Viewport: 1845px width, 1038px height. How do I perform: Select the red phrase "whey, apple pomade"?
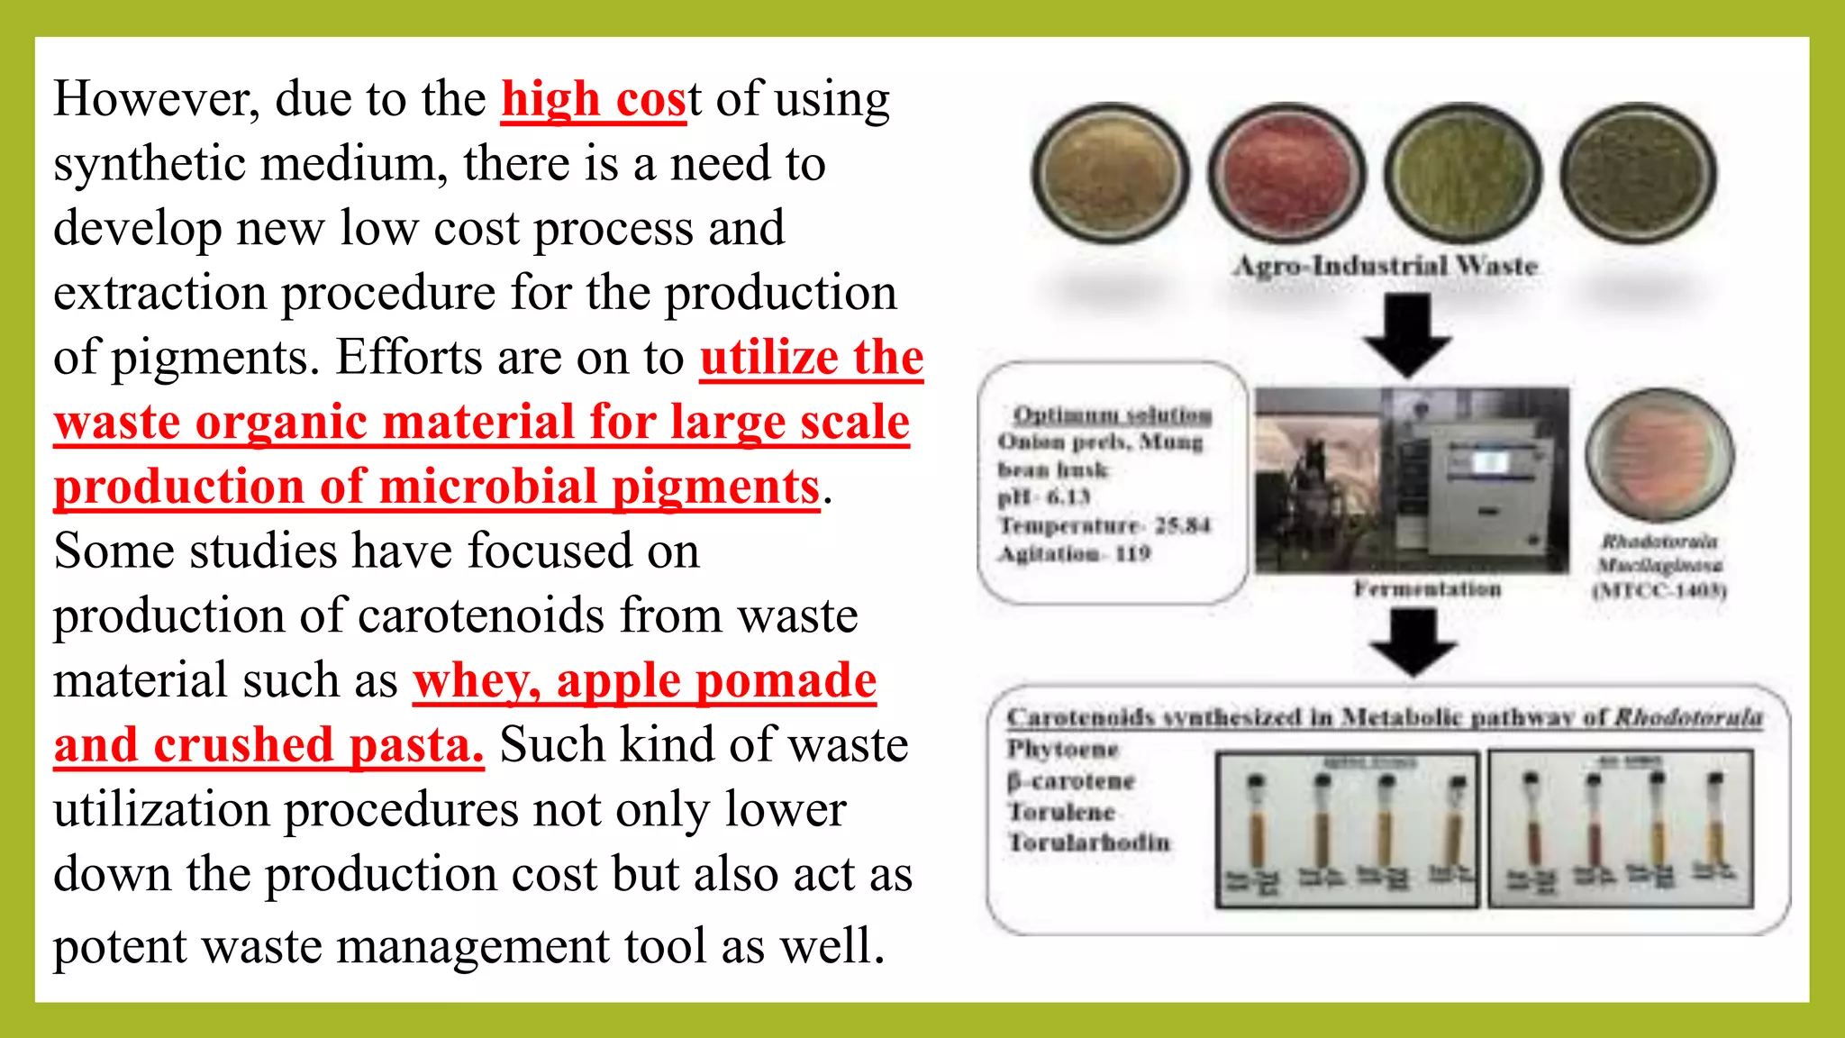[644, 680]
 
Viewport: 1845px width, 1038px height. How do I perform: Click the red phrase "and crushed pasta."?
[268, 745]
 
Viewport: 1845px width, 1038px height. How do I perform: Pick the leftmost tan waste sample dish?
[1110, 173]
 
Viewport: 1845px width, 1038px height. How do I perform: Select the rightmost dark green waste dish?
[1638, 173]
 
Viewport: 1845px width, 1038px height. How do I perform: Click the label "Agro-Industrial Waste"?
[1386, 266]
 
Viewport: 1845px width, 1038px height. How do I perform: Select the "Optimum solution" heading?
[1112, 414]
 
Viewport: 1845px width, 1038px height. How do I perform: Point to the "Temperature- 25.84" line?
[1104, 525]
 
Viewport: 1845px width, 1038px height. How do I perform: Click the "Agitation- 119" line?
[1074, 553]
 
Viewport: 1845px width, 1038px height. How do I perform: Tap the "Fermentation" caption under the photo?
[1427, 589]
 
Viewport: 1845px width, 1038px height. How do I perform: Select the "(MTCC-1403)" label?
[1659, 591]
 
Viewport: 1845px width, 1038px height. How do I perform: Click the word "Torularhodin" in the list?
[1088, 842]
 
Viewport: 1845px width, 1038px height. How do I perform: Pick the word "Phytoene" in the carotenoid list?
[1063, 749]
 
